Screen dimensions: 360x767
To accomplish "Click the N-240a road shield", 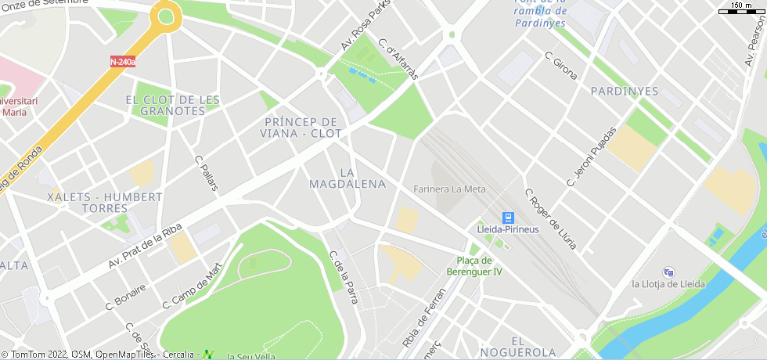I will click(122, 61).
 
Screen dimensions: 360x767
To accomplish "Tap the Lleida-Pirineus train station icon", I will click(508, 217).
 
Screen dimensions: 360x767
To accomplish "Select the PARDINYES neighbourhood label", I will click(624, 91).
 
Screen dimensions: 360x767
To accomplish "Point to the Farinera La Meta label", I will click(449, 189).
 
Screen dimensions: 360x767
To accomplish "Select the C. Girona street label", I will click(561, 65).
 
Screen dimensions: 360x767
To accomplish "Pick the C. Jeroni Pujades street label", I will click(591, 157).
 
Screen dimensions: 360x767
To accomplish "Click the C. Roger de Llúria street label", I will click(550, 219).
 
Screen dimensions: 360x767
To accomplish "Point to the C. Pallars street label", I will click(206, 172).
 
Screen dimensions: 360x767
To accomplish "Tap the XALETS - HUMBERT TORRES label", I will click(105, 203).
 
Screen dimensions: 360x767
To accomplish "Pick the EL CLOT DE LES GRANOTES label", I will click(172, 105).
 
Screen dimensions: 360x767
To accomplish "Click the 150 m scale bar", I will click(740, 9).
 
